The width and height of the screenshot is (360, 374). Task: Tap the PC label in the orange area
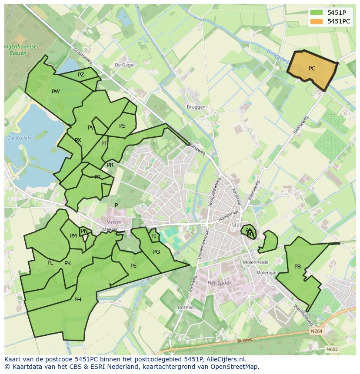(312, 69)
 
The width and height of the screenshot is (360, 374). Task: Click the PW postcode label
(56, 92)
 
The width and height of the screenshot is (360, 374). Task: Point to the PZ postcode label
(81, 75)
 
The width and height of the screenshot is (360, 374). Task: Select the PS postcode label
(122, 126)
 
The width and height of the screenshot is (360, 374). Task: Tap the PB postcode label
(297, 267)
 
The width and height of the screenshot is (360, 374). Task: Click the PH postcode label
(77, 300)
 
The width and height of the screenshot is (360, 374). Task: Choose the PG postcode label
(157, 252)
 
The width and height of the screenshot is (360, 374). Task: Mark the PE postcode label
(133, 266)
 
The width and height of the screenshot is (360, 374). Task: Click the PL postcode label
(50, 263)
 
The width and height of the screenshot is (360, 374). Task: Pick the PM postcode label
(73, 236)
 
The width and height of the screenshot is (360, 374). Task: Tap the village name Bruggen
(196, 107)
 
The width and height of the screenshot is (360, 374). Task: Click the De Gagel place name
(124, 65)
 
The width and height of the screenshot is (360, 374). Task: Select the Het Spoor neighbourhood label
(220, 283)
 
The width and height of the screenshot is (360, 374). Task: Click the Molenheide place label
(256, 262)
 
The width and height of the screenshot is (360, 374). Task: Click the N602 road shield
(332, 349)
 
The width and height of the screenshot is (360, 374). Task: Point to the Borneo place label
(186, 307)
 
